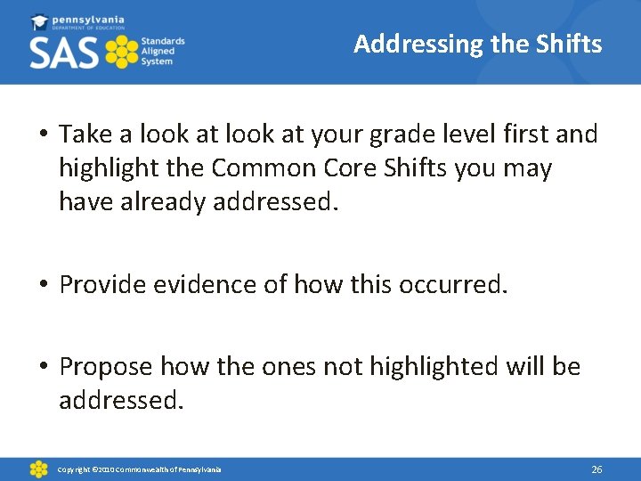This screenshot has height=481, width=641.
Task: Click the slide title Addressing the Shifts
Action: click(x=477, y=44)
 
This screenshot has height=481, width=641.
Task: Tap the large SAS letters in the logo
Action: click(x=64, y=53)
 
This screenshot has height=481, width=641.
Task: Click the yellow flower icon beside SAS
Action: click(x=122, y=53)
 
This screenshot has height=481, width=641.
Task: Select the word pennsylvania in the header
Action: click(x=88, y=19)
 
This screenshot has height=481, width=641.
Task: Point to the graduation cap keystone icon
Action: click(x=39, y=21)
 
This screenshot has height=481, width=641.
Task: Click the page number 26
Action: click(x=596, y=469)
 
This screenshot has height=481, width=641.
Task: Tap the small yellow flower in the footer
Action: click(x=38, y=469)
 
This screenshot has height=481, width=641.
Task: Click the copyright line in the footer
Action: click(x=140, y=469)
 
